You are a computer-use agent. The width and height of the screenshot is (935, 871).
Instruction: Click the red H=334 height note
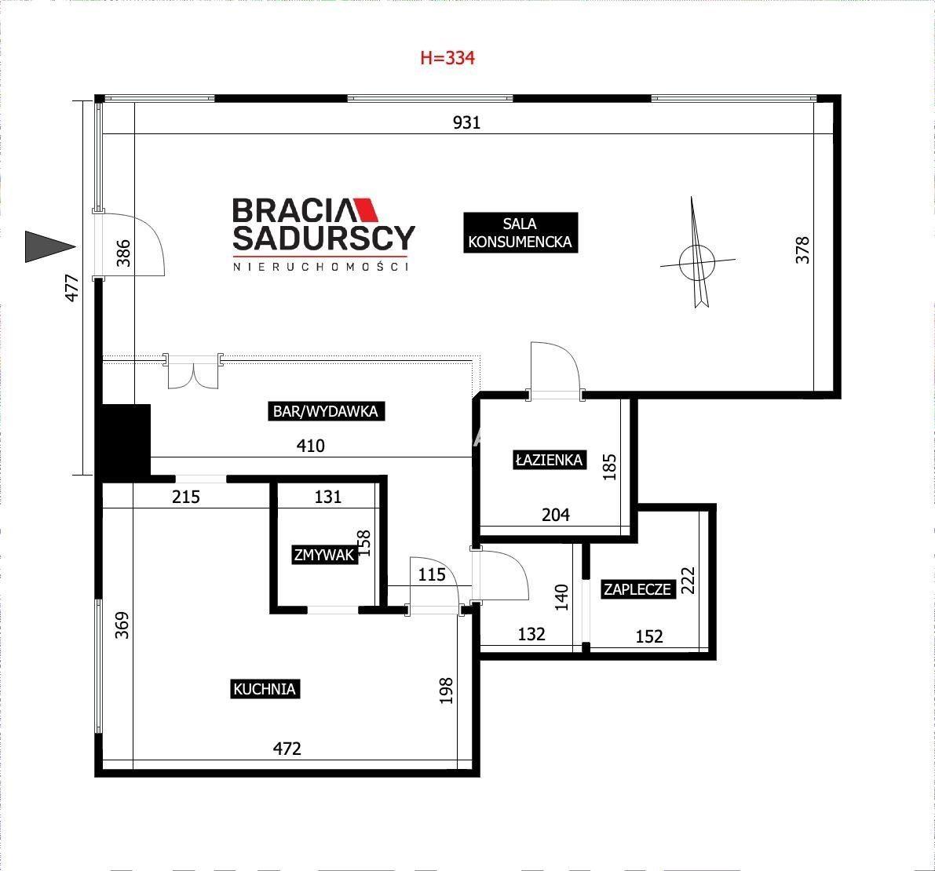(447, 58)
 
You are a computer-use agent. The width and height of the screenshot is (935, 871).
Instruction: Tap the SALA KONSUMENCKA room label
(520, 232)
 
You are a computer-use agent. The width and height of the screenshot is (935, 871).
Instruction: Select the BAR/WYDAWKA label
(326, 410)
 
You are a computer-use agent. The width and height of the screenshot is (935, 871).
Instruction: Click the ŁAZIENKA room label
(549, 460)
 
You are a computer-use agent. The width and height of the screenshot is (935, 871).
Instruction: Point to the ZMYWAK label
(323, 555)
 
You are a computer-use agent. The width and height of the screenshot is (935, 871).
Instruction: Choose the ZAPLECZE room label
(637, 589)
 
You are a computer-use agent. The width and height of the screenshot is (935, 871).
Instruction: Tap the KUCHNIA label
(264, 689)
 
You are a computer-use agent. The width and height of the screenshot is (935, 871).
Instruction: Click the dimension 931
(466, 122)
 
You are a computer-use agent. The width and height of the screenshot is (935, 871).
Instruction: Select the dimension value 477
(71, 287)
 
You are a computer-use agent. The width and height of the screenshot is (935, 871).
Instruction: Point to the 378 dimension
(802, 250)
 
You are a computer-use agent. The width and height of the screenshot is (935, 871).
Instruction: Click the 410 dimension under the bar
(311, 446)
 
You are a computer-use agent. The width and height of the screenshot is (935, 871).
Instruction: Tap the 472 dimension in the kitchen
(287, 748)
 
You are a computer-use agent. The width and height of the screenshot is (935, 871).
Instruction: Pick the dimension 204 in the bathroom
(556, 515)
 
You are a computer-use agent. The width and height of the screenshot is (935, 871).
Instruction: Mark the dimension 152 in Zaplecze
(649, 636)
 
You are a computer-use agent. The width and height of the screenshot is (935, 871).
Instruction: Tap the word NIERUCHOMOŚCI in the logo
(321, 267)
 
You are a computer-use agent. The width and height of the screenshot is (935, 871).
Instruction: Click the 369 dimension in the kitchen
(122, 625)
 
